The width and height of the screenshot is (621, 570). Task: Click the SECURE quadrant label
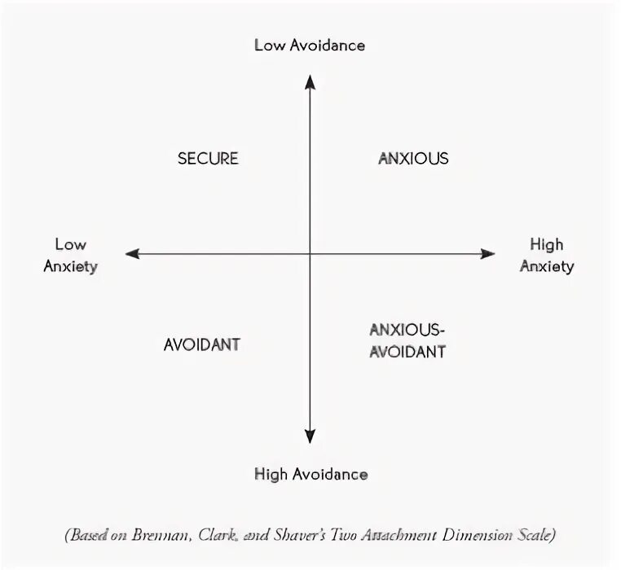(208, 158)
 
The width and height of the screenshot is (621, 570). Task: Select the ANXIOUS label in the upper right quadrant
(413, 158)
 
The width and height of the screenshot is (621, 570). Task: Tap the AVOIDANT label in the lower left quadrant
(202, 344)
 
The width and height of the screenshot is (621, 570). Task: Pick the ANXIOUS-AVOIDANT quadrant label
(407, 340)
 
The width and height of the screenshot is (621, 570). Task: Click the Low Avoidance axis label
(310, 45)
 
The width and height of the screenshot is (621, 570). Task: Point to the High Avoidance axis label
(310, 474)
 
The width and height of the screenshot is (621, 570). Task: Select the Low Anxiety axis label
(71, 255)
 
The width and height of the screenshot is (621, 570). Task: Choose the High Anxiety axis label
(546, 255)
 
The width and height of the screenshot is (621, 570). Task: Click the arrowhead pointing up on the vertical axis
(310, 80)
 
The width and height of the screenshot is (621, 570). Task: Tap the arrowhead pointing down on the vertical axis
(310, 436)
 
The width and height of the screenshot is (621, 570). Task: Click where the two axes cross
(310, 254)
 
